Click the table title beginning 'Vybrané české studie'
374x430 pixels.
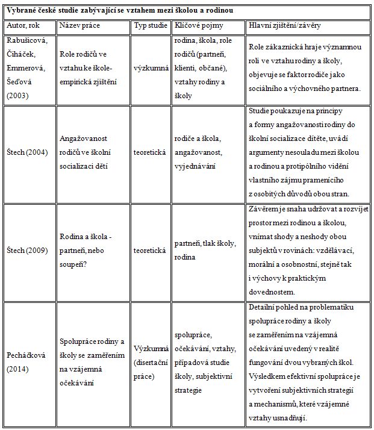[120, 11]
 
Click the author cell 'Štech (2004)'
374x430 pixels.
[27, 154]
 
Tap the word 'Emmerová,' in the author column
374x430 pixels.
[24, 68]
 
